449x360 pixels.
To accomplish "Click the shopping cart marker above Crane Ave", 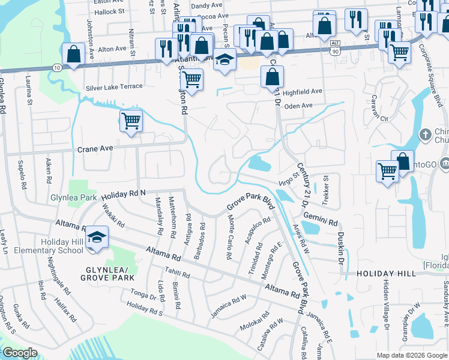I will (131, 121).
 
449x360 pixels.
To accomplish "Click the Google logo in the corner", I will (20, 353).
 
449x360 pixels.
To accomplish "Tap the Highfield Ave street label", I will (303, 92).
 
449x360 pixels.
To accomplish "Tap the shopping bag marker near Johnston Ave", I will (73, 54).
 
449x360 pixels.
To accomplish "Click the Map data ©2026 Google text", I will (411, 355).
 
